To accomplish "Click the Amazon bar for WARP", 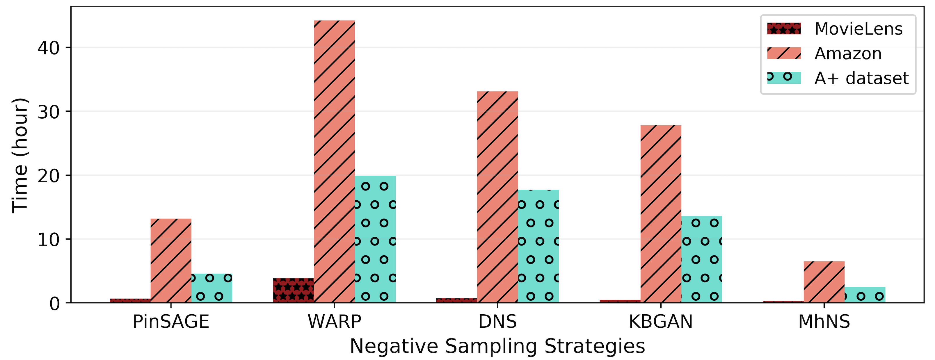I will click(334, 161).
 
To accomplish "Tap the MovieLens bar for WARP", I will click(293, 290).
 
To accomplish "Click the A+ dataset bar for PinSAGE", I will click(211, 288).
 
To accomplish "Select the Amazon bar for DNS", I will click(497, 197).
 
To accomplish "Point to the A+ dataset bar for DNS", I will click(538, 246).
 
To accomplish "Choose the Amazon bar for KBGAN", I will click(661, 214).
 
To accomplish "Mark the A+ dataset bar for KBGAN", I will click(702, 259).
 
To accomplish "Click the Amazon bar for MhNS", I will click(824, 282).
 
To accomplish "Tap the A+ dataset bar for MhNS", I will click(865, 295).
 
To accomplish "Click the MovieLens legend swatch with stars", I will click(784, 29).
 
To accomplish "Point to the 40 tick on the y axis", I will click(48, 47).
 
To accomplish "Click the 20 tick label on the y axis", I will click(48, 176).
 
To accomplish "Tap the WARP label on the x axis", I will click(334, 322).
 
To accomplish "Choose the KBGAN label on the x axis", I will click(661, 322).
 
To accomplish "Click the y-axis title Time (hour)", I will click(20, 155).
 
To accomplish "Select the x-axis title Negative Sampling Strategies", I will click(497, 346).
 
